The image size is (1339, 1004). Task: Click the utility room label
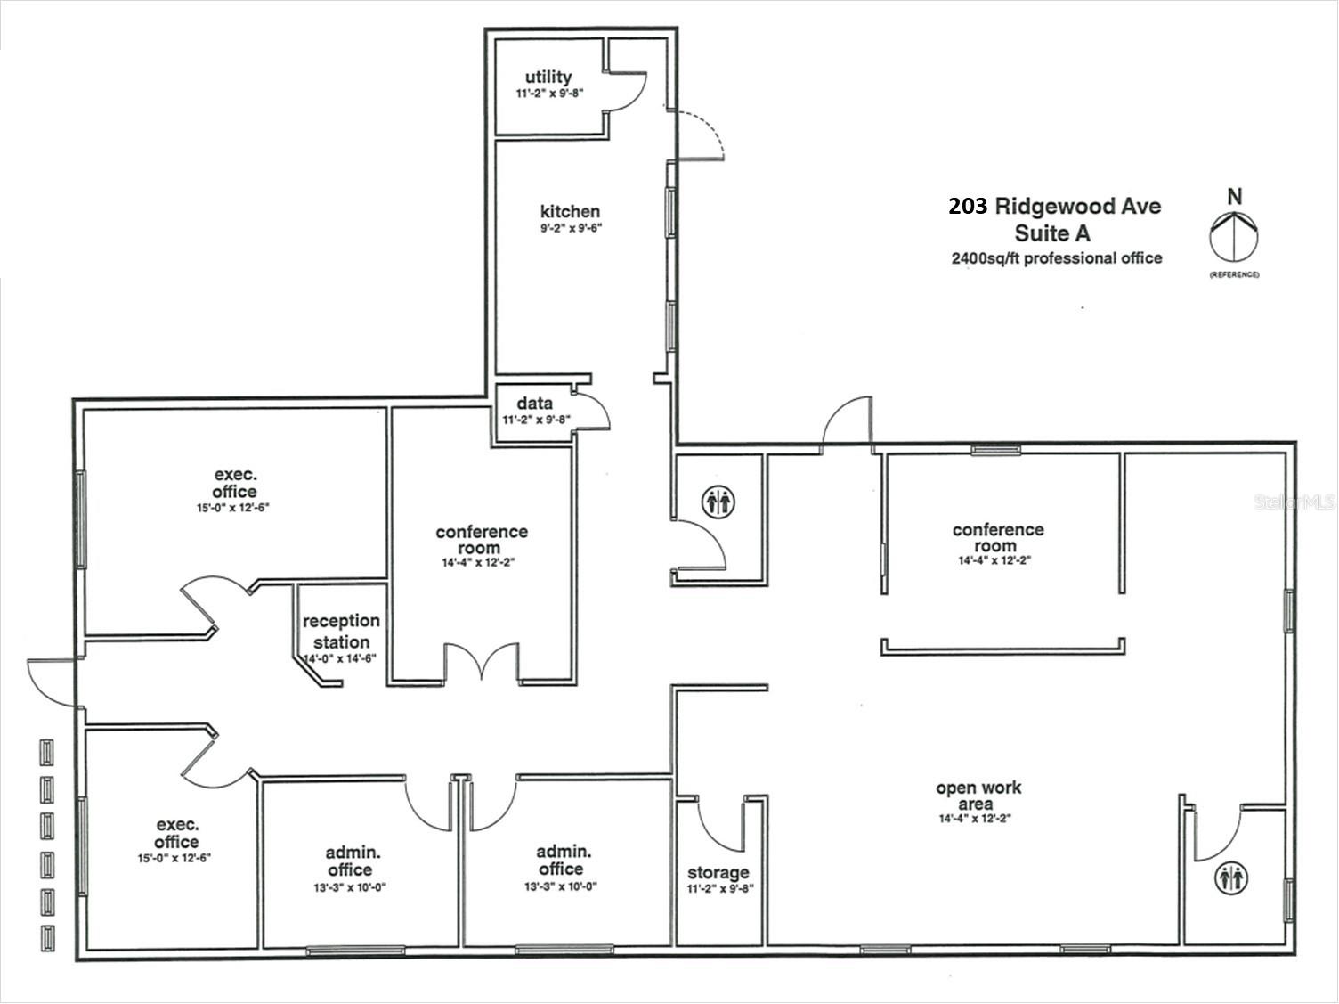point(548,78)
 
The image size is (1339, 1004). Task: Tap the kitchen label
point(570,212)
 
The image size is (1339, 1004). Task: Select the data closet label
point(534,404)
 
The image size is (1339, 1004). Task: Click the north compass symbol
point(1234,235)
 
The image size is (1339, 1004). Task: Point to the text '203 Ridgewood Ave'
point(1055,207)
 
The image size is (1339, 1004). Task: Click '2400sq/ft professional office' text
point(1057,258)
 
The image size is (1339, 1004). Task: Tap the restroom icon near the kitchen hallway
point(718,502)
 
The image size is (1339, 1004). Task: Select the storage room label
point(718,872)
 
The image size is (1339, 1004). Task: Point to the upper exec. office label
point(235,483)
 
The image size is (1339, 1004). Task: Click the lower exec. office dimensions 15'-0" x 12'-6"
point(176,858)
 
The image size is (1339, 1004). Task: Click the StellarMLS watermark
point(1295,502)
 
